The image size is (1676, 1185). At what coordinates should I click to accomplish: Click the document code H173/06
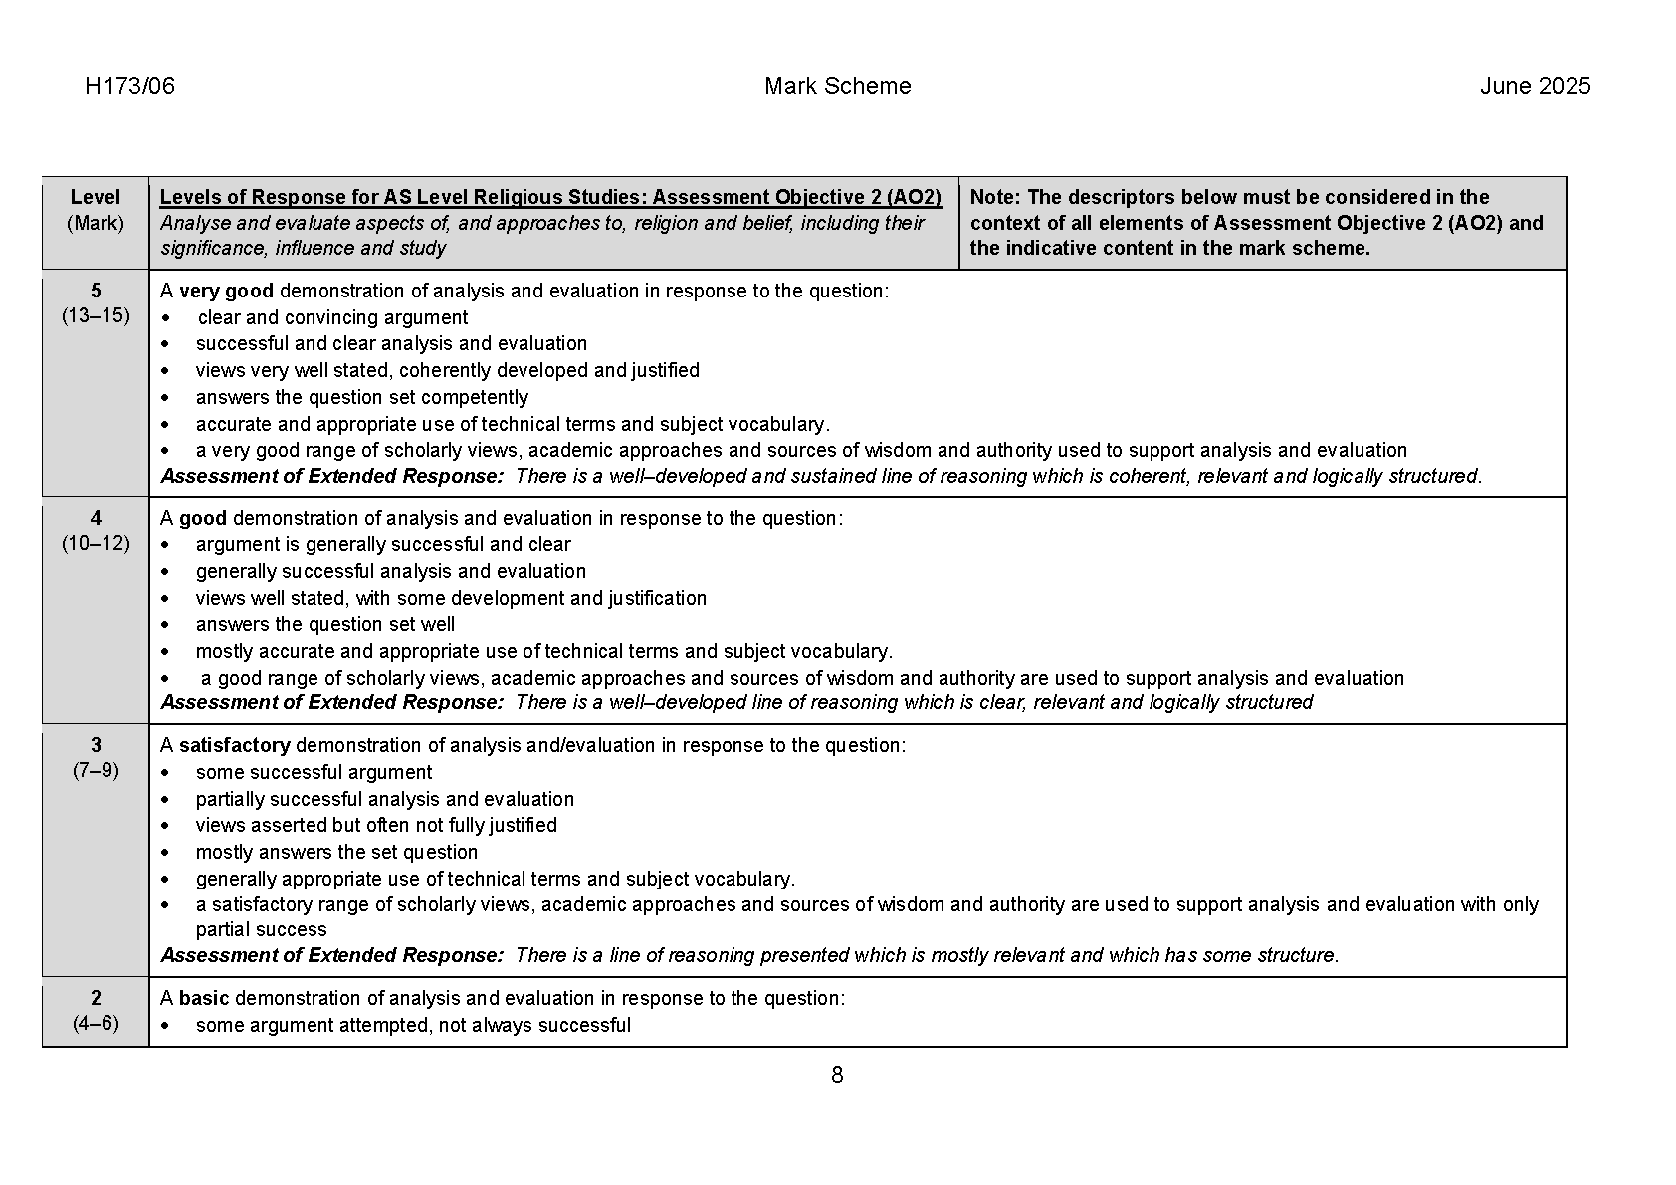click(129, 86)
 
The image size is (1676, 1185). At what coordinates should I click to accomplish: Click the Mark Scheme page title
click(837, 86)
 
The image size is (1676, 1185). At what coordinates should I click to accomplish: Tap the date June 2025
click(1535, 86)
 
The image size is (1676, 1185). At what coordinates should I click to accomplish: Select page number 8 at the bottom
click(837, 1075)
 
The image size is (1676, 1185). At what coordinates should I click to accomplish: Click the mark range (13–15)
click(96, 316)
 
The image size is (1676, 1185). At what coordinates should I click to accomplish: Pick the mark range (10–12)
click(96, 543)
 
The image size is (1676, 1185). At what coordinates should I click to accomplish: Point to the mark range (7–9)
click(96, 770)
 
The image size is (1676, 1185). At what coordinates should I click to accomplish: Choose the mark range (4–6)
click(96, 1023)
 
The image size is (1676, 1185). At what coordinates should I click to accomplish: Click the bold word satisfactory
click(234, 745)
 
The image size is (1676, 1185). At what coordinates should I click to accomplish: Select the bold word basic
click(204, 998)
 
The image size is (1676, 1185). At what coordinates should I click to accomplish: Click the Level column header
click(96, 197)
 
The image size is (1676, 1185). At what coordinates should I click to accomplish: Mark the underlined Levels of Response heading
click(550, 197)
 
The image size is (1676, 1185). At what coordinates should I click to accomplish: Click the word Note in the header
click(992, 197)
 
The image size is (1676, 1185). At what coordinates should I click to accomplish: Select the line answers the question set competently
click(361, 397)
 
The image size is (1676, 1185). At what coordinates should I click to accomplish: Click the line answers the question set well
click(324, 624)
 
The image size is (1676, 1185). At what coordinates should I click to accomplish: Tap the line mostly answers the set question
click(336, 852)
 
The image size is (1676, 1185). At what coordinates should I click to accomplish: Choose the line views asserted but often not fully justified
click(376, 825)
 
